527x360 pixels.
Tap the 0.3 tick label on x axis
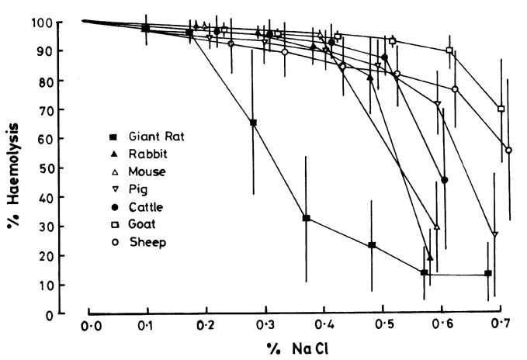(265, 323)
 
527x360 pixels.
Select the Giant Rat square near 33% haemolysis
(307, 219)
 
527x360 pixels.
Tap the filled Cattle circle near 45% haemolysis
(445, 180)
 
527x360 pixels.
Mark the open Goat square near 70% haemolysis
(501, 109)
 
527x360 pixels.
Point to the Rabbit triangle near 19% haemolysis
(430, 258)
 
